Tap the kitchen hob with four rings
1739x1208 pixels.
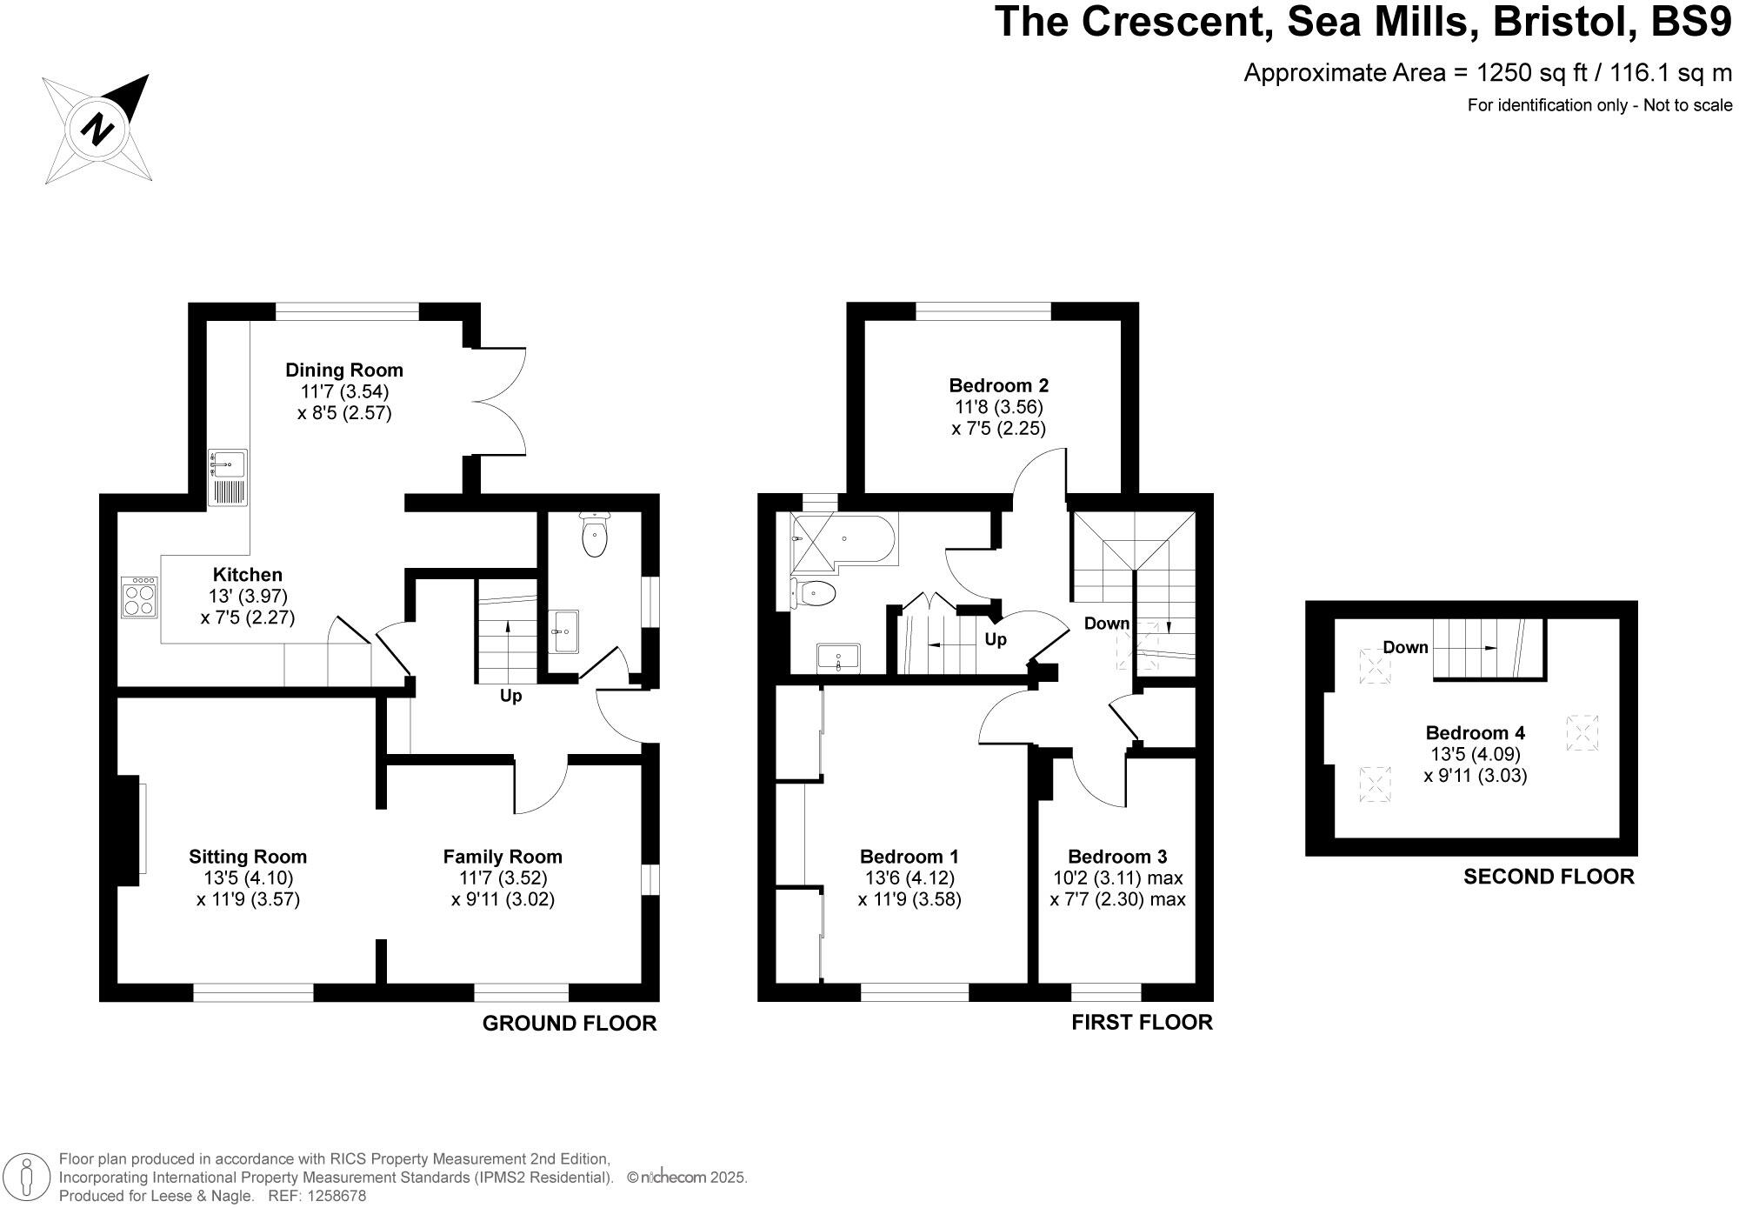click(x=140, y=597)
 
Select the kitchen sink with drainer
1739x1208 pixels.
click(x=227, y=477)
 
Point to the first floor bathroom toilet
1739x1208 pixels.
click(x=813, y=595)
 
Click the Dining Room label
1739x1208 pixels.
click(x=344, y=370)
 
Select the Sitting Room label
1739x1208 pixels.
click(x=248, y=857)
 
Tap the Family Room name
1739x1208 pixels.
click(x=503, y=857)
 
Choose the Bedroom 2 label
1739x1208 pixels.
click(x=998, y=385)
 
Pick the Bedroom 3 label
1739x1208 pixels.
click(x=1117, y=857)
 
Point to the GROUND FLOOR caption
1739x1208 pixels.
click(x=570, y=1024)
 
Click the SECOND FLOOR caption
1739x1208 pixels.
click(x=1549, y=877)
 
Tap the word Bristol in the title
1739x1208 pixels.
click(x=1564, y=22)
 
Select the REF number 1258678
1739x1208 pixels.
click(x=335, y=1196)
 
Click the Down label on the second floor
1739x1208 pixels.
click(x=1405, y=647)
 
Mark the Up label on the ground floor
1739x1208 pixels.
click(x=510, y=696)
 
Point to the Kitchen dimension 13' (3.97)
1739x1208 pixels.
click(x=248, y=597)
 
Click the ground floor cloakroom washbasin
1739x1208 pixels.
click(x=565, y=630)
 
